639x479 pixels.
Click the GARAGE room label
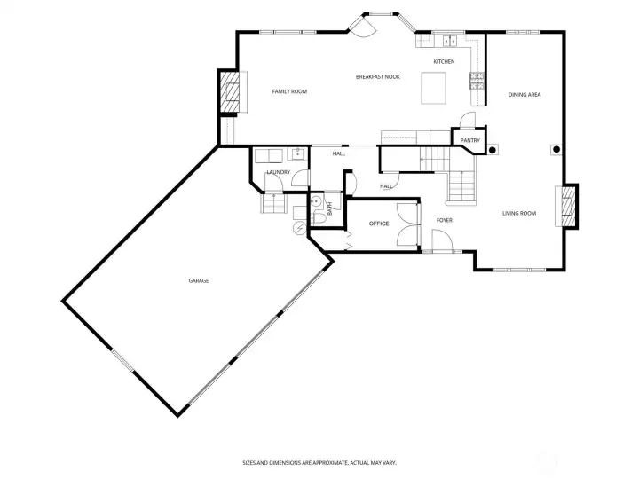tap(198, 280)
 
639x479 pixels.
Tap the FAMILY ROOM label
tap(289, 91)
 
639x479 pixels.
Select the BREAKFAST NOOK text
tap(377, 77)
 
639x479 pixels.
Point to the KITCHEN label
tap(444, 61)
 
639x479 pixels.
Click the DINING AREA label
tap(525, 94)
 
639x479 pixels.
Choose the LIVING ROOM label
tap(519, 213)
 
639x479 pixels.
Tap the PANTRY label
tap(470, 140)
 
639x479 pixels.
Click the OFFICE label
tap(379, 224)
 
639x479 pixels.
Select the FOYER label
tap(444, 220)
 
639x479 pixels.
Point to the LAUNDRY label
tap(279, 172)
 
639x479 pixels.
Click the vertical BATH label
tap(329, 209)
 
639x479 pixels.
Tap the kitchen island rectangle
tap(433, 89)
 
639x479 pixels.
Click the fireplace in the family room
tap(230, 93)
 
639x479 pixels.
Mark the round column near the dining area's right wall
tap(556, 149)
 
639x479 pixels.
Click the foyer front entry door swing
tap(438, 239)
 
